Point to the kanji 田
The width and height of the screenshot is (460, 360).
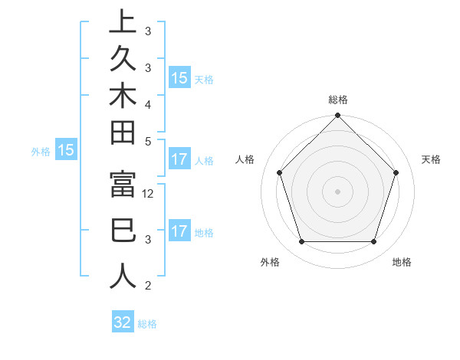[123, 133]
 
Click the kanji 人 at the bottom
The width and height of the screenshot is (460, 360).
[123, 276]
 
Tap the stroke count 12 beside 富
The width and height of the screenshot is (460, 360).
[149, 195]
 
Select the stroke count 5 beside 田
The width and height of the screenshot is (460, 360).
[147, 140]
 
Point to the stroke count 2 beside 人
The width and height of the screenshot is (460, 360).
[147, 286]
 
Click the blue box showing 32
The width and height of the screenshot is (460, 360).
[123, 322]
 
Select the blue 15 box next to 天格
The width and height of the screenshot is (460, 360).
[179, 78]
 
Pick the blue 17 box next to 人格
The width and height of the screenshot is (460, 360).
[179, 160]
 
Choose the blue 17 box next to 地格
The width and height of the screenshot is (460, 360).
[179, 231]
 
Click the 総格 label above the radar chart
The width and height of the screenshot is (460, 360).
[338, 100]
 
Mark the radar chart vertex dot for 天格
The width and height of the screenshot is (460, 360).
[396, 172]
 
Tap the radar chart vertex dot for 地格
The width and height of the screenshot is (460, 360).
[374, 242]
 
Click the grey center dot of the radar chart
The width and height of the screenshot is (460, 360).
[338, 191]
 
